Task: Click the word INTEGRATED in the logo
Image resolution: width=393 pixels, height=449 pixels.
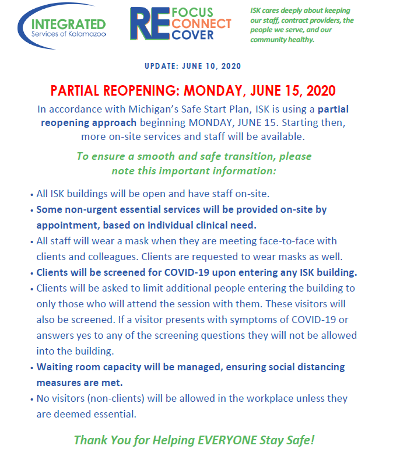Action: [69, 24]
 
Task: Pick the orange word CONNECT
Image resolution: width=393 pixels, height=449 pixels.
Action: [202, 24]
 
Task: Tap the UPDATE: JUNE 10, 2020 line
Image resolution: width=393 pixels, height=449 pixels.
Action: [196, 66]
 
